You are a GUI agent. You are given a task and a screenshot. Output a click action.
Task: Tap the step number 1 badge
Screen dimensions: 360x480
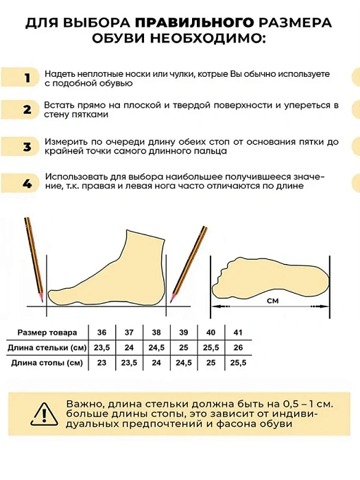[x=27, y=77]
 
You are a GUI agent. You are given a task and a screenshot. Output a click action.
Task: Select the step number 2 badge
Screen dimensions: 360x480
[x=27, y=110]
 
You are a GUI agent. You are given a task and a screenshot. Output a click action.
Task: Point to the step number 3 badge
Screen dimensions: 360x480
[x=27, y=147]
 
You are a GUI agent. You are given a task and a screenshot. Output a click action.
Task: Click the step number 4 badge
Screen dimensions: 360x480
[x=27, y=183]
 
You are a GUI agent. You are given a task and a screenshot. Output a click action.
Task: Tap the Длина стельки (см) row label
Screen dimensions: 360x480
[x=48, y=347]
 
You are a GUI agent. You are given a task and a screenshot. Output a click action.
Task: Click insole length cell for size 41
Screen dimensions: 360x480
[x=238, y=347]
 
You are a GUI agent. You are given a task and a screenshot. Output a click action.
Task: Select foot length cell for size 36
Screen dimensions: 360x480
[x=102, y=363]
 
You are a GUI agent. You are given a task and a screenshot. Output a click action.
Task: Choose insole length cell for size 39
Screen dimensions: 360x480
[x=184, y=347]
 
